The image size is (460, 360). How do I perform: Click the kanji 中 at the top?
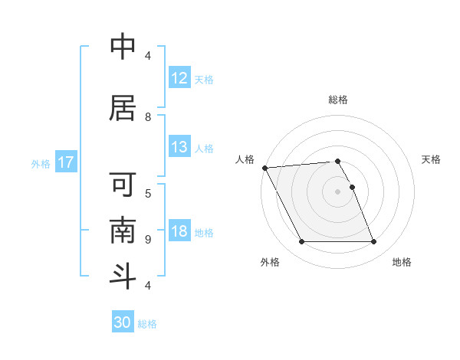123,47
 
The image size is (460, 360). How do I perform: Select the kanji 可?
123,186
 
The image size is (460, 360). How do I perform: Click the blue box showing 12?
179,78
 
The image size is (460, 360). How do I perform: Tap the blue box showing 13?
179,147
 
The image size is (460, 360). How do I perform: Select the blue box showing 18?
179,231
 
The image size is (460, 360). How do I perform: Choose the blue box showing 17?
66,162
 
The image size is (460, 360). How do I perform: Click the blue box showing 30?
123,322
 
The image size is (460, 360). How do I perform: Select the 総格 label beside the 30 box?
147,324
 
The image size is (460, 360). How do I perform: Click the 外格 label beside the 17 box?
41,163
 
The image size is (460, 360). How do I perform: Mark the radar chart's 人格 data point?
264,168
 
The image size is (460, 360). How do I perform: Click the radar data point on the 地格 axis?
373,242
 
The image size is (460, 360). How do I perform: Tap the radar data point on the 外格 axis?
301,242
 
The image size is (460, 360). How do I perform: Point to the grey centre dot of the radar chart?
337,191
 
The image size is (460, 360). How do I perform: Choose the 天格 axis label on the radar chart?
432,159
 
